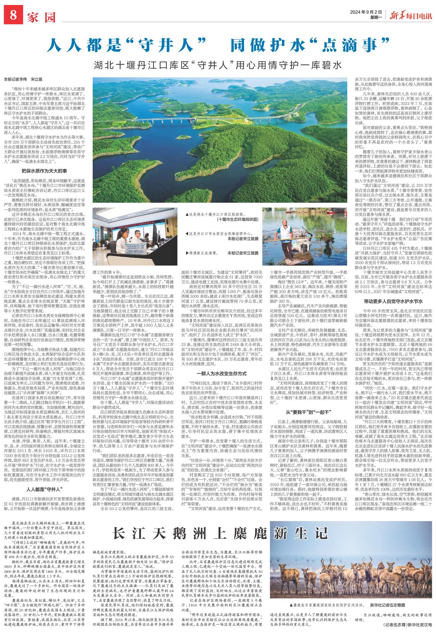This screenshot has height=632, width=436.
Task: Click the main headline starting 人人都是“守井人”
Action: (218, 46)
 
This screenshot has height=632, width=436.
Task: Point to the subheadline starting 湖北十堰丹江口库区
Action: (218, 65)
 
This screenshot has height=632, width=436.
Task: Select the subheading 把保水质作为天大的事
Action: (44, 171)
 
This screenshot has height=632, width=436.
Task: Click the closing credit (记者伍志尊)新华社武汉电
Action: (408, 624)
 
